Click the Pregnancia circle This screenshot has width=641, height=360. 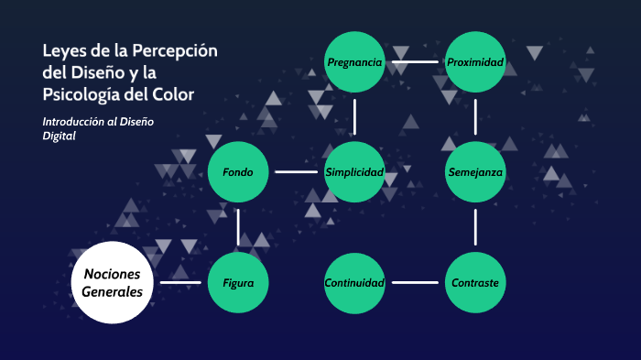tap(354, 62)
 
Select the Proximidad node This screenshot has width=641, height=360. tap(475, 62)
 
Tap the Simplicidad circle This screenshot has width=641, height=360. tap(354, 172)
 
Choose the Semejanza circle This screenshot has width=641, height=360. tap(475, 172)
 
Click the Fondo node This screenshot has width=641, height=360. tap(238, 172)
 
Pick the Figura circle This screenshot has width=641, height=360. tap(238, 283)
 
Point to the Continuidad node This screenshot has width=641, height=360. tap(354, 283)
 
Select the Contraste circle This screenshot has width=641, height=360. tap(475, 283)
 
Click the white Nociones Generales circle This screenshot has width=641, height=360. tap(113, 283)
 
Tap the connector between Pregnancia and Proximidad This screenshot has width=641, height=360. tap(415, 62)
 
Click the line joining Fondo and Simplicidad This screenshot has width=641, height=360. tap(296, 172)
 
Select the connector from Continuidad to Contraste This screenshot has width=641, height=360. tap(415, 283)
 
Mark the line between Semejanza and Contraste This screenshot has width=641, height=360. tap(475, 227)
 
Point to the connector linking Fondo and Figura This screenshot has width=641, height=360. tap(238, 227)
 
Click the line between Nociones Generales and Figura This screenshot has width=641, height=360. tap(180, 283)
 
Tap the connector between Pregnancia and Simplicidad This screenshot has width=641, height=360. tap(354, 117)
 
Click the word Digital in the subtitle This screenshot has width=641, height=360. tap(59, 136)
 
